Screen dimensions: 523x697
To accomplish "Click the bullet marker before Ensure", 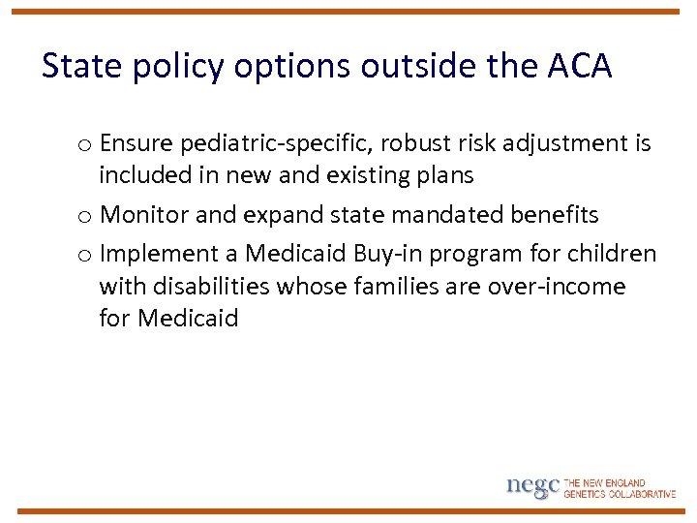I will pyautogui.click(x=85, y=145).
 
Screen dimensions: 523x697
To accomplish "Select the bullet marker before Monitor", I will pyautogui.click(x=85, y=216).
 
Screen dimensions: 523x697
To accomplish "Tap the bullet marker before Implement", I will pyautogui.click(x=85, y=255).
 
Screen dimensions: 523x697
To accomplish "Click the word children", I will pyautogui.click(x=611, y=254).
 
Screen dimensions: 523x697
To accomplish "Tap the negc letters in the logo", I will pyautogui.click(x=532, y=486).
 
